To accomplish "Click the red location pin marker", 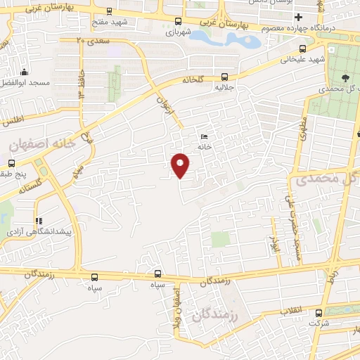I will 181,165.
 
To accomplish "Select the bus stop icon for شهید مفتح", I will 110,12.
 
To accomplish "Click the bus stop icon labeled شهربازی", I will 178,21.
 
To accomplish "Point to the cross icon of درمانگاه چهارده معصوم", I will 299,17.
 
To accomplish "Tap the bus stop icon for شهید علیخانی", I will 302,49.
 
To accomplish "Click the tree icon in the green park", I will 345,77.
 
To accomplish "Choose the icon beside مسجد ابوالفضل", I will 25,72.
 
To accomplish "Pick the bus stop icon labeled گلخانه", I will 225,77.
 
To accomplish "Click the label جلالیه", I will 224,89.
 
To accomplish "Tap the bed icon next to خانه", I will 205,136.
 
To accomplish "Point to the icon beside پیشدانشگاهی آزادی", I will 39,221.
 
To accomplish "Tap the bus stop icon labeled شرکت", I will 321,313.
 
